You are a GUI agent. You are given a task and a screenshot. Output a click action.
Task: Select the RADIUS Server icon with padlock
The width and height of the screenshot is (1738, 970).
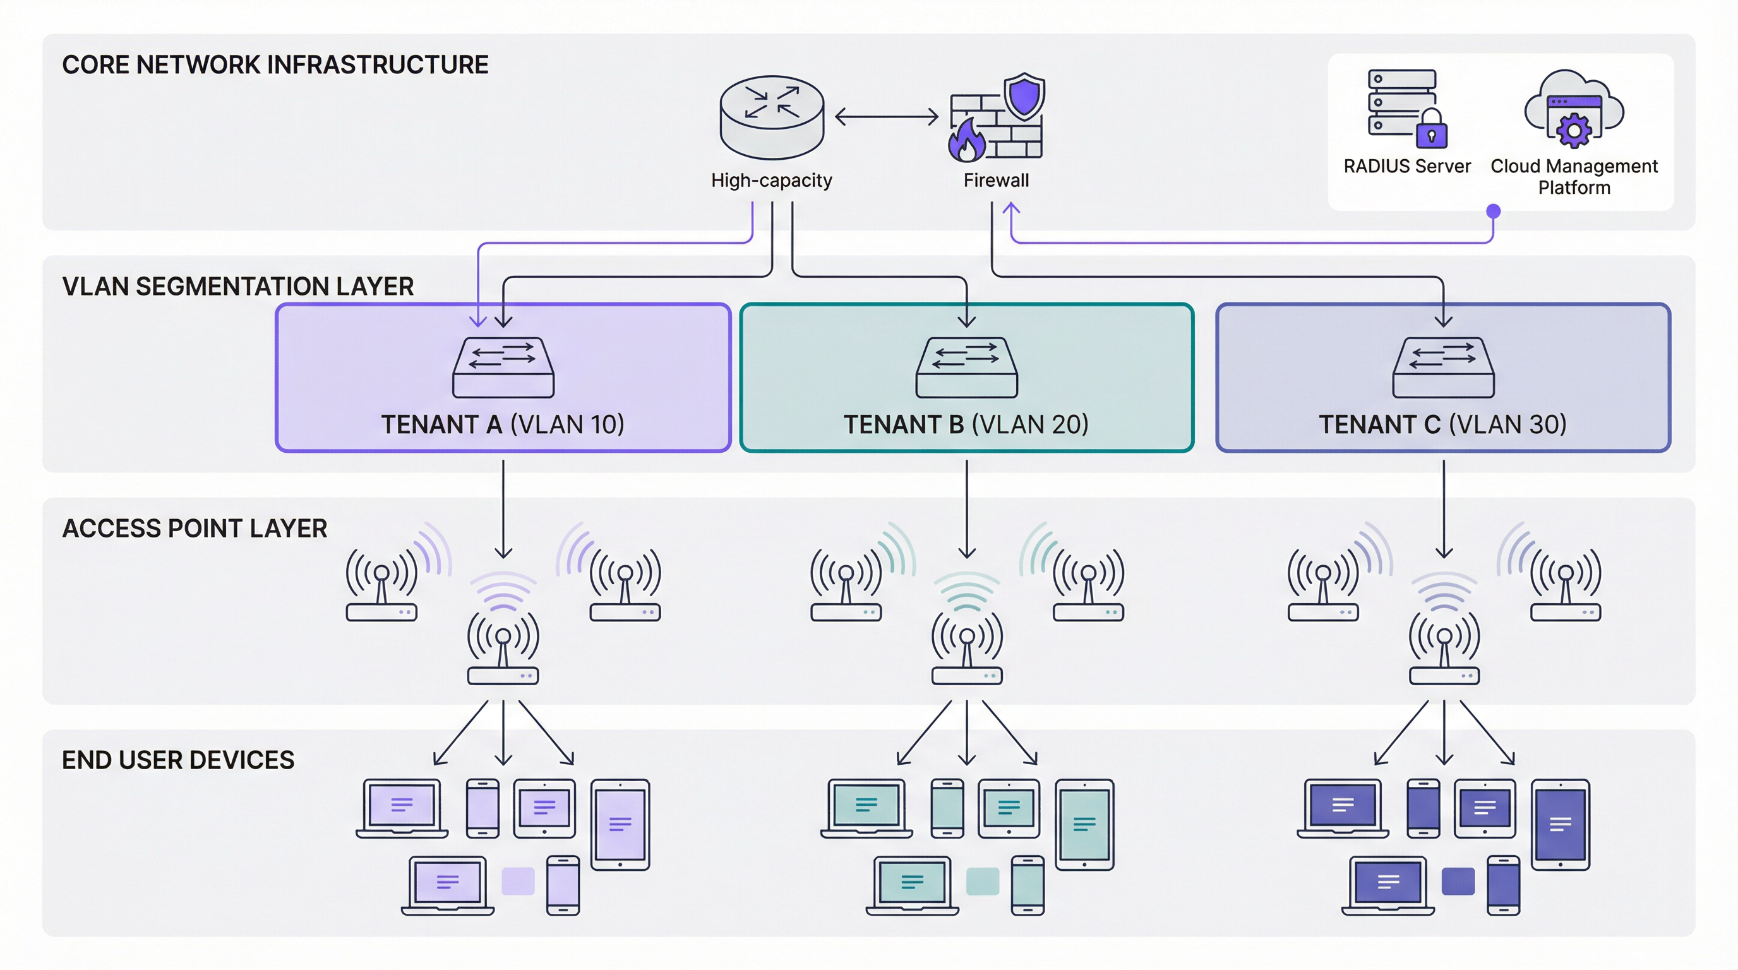pos(1406,108)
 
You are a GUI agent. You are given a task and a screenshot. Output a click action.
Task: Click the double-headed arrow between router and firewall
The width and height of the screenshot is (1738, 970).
pos(886,117)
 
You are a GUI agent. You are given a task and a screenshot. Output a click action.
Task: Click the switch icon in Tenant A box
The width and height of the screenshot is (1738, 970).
pos(503,367)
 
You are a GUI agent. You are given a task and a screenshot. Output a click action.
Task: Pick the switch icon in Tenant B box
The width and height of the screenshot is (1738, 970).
pos(966,367)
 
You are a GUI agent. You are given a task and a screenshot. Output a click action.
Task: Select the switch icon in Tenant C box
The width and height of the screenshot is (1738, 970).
pos(1443,367)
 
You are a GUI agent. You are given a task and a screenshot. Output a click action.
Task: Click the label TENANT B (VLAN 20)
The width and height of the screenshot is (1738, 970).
pos(966,424)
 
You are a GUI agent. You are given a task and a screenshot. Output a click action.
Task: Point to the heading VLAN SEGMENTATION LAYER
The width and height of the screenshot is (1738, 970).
pos(237,287)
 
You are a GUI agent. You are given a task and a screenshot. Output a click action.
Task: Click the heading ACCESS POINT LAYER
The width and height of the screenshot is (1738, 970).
pos(195,528)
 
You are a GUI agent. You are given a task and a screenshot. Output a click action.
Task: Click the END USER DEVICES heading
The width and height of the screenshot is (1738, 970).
pos(178,760)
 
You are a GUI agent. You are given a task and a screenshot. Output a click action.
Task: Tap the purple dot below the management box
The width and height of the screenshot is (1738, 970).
pos(1493,211)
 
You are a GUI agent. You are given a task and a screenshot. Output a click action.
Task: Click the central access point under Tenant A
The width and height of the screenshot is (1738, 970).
pos(503,647)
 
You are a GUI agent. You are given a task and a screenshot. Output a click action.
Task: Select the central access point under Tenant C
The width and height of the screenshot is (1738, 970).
pos(1444,647)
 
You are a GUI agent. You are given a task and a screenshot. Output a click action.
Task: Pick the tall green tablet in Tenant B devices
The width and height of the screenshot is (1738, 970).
pos(1084,824)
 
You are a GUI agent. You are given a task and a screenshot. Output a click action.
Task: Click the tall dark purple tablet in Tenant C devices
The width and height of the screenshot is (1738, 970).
pos(1560,824)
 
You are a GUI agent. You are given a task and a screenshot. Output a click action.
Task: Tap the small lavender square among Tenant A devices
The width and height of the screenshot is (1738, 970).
pos(518,881)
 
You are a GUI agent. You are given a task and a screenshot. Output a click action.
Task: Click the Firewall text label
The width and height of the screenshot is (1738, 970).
pos(996,180)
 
